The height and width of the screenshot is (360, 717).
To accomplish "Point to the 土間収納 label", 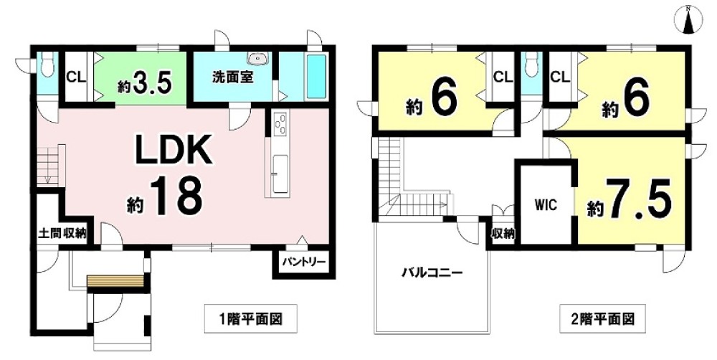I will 62,232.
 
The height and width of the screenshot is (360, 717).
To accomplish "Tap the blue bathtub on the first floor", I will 316,77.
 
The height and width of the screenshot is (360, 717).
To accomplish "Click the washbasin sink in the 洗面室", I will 255,60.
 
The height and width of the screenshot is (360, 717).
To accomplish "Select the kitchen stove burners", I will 279,125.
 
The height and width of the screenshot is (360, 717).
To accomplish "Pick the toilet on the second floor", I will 531,67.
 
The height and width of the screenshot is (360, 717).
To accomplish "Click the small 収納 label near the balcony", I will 503,233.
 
